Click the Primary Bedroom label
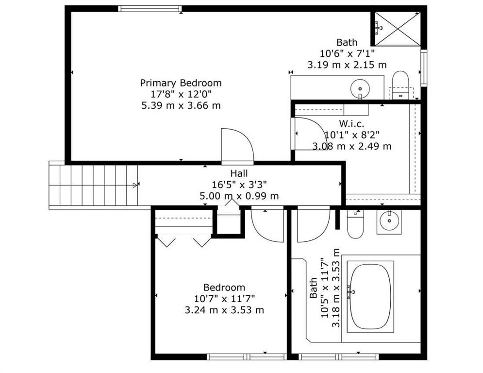coord(181,83)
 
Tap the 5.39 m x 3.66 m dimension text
coord(181,105)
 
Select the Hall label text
coord(239,173)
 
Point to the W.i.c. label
coord(351,124)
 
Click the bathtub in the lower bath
coord(370,297)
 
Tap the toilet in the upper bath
coord(400,85)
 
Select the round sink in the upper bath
coord(360,88)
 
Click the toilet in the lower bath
coord(355,224)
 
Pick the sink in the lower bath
coord(389,221)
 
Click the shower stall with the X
coord(398,29)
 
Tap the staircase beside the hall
coord(93,185)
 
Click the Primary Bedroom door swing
coord(237,145)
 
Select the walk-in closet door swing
coord(309,134)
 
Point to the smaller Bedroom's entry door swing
coord(267,225)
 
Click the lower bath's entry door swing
coord(314,225)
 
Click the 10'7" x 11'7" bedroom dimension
coord(224,299)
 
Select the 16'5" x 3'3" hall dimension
coord(239,185)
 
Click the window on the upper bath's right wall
coord(424,68)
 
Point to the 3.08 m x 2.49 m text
coord(352,146)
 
